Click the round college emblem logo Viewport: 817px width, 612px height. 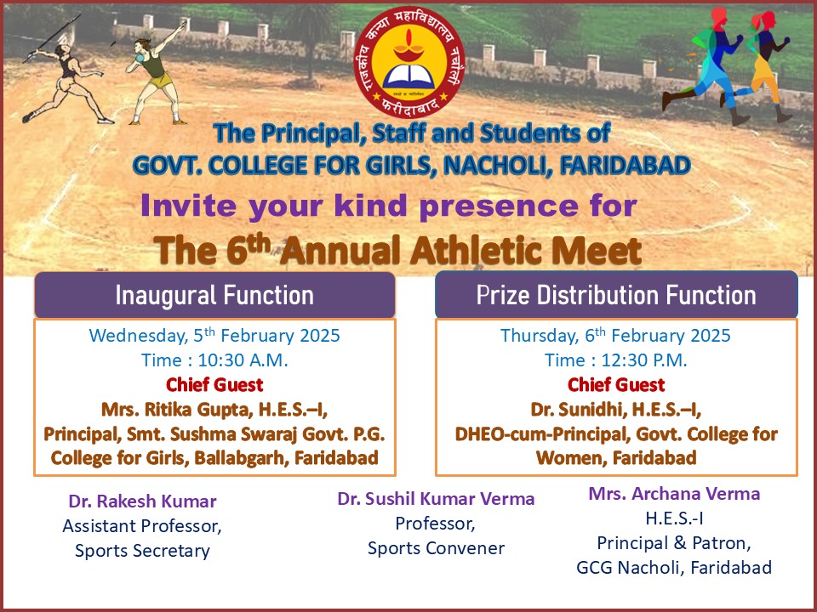pyautogui.click(x=409, y=62)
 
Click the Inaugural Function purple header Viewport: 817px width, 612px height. pyautogui.click(x=214, y=295)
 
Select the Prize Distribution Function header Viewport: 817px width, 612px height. pyautogui.click(x=616, y=295)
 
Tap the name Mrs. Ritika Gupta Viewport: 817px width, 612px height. pyautogui.click(x=174, y=410)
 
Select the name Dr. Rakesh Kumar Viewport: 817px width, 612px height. pyautogui.click(x=142, y=501)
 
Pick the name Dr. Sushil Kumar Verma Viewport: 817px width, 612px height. pyautogui.click(x=436, y=499)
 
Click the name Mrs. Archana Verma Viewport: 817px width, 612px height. pyautogui.click(x=674, y=494)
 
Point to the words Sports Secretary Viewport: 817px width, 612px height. pyautogui.click(x=142, y=550)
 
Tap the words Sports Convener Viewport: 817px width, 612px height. pyautogui.click(x=436, y=548)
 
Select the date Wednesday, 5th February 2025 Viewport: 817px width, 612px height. pyautogui.click(x=214, y=335)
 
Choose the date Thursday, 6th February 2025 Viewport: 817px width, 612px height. pyautogui.click(x=615, y=335)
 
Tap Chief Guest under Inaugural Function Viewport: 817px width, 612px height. pyautogui.click(x=214, y=385)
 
